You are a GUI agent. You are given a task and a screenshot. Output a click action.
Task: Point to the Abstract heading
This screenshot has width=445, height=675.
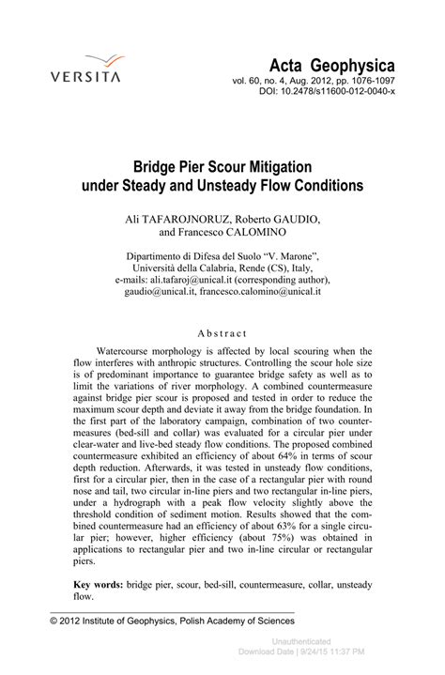coord(222,332)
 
